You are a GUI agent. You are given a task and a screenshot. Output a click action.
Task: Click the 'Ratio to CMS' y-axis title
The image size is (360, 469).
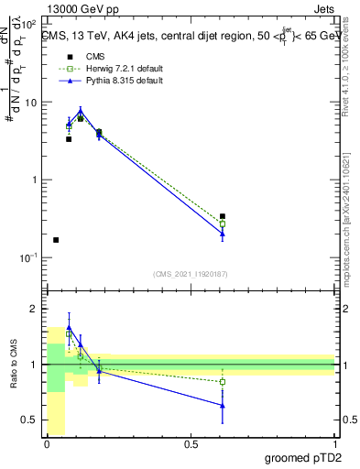[x=14, y=365]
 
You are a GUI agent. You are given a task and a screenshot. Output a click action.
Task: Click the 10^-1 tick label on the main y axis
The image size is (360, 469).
[x=28, y=257]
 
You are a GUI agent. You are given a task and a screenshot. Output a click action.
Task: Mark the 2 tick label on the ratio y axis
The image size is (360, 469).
[x=34, y=310]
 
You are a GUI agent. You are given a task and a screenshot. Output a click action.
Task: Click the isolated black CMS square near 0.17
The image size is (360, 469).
[x=56, y=240]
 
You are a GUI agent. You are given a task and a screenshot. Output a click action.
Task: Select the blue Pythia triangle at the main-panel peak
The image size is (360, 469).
[x=81, y=113]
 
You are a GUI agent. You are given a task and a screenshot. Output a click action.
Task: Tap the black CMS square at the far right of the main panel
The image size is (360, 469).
[x=223, y=216]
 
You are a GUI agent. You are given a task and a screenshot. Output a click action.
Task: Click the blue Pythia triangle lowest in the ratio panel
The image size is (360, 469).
[x=223, y=405]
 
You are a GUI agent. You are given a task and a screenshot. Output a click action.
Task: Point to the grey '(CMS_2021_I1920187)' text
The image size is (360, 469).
[x=191, y=274]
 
